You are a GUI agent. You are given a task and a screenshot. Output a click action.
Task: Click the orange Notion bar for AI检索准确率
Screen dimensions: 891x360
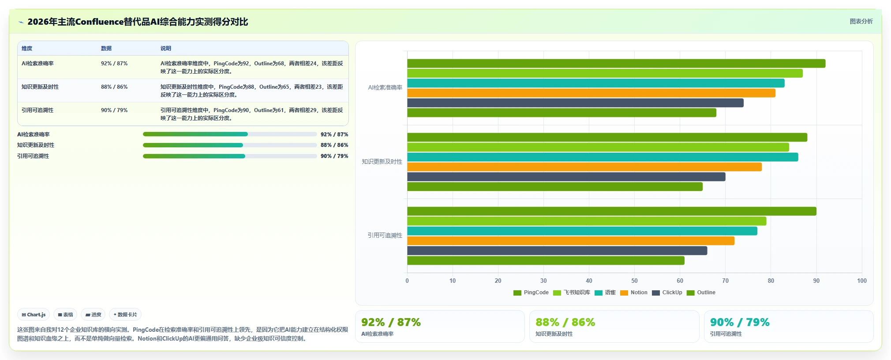[591, 93]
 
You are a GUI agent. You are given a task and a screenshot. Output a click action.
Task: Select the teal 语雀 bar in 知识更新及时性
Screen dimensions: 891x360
[603, 157]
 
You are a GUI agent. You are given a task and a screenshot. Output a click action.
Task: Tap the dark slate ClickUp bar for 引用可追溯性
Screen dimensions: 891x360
[557, 251]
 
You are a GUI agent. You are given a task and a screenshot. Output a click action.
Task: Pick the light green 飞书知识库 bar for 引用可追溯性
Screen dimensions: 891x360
[587, 221]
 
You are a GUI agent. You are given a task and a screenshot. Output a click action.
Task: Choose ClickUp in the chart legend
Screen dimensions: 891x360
[667, 292]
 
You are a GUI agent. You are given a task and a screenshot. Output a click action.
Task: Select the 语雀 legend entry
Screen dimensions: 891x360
[605, 292]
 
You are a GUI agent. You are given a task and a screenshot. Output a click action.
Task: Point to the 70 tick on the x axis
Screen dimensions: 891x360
[725, 281]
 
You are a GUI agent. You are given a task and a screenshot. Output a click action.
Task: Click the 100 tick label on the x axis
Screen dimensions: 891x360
[861, 281]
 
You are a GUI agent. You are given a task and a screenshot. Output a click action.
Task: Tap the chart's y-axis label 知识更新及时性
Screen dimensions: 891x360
[382, 161]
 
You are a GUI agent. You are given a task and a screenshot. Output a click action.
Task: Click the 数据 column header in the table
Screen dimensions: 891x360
[106, 49]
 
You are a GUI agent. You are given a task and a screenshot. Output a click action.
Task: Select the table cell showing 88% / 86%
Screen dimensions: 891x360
[114, 87]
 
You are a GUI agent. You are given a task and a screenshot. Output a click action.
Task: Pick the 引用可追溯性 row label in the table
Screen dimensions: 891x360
[37, 110]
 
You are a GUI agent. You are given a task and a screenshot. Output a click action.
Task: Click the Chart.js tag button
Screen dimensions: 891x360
[34, 315]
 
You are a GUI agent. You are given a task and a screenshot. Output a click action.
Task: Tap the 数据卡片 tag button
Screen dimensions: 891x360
[125, 315]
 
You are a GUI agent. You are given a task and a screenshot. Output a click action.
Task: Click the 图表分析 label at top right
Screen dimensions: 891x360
[861, 21]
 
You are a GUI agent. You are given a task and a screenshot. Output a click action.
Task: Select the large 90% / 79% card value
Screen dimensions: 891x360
[740, 322]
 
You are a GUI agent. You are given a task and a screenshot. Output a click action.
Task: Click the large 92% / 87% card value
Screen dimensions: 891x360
[391, 322]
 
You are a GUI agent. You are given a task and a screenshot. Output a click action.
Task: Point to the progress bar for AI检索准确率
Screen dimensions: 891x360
[230, 134]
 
